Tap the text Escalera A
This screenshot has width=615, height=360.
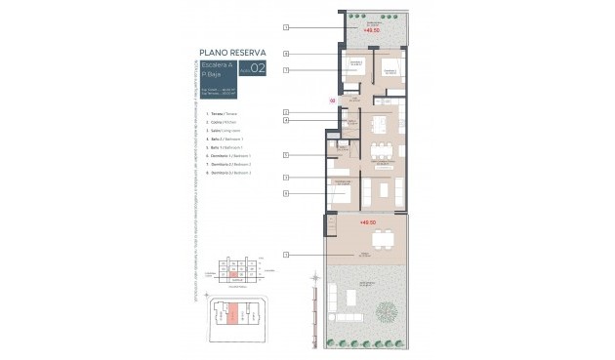(x=221, y=66)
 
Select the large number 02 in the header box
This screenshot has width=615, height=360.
(x=258, y=69)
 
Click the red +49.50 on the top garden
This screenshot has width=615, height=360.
(x=371, y=31)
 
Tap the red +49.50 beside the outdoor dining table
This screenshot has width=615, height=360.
(x=368, y=223)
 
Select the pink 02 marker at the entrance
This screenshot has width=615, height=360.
(x=332, y=100)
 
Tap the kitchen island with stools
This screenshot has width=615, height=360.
(x=379, y=125)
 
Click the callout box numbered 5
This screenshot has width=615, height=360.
(x=286, y=155)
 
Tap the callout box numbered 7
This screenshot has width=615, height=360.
(x=286, y=70)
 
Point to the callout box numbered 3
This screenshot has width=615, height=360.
(x=286, y=177)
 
